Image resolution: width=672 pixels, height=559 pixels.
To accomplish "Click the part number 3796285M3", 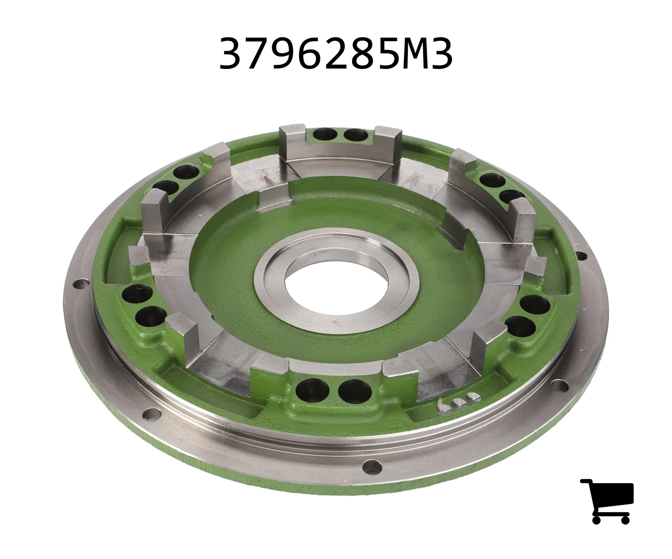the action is coord(336,54).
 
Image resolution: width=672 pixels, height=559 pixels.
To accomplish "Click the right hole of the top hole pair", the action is coord(355,135).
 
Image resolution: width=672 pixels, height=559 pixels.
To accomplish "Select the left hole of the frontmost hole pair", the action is coord(312,390).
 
